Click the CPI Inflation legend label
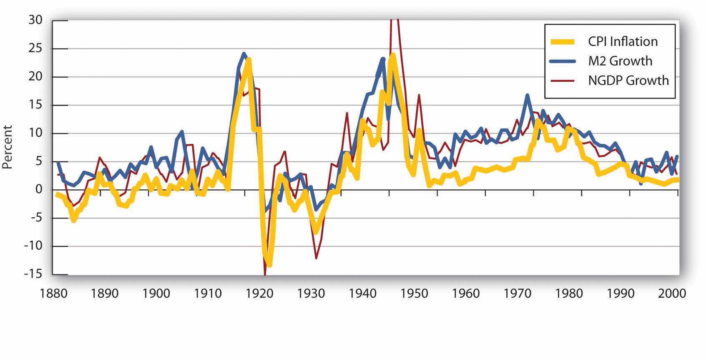pos(623,41)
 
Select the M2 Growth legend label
pos(620,61)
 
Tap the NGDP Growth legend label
pos(628,80)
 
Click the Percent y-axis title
pos(7,147)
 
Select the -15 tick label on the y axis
pos(33,274)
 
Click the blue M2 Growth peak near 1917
pos(244,53)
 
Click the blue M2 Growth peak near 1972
pos(528,96)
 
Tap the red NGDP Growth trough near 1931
pos(316,258)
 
